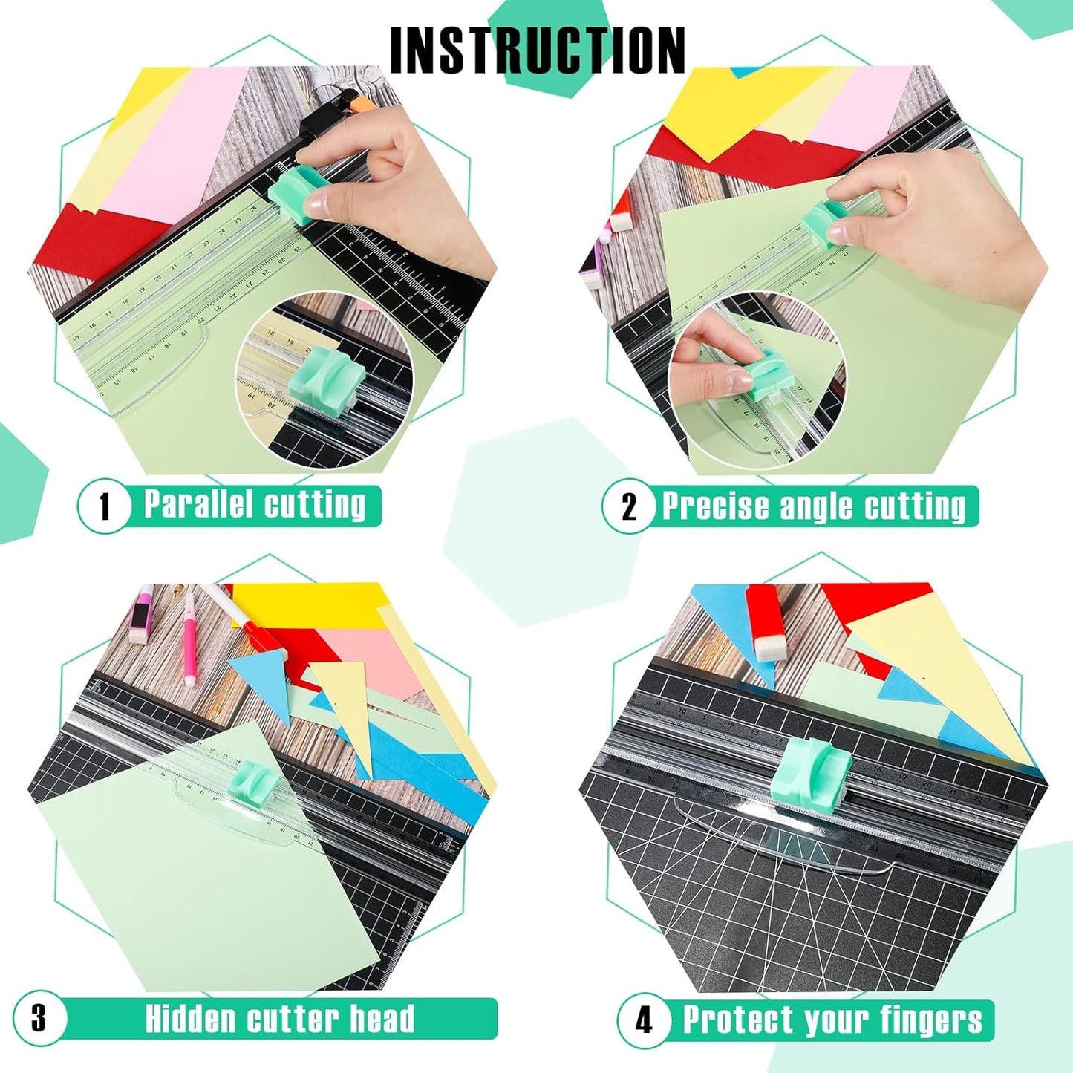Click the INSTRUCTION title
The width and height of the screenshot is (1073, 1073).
coord(537,50)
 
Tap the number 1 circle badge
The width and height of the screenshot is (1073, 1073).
coord(104,506)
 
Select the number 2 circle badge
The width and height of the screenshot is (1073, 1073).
coord(628,507)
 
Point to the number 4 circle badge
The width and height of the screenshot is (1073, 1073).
coord(643,1020)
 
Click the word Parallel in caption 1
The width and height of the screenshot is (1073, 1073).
coord(198,504)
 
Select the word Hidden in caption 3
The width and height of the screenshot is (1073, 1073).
coord(190,1019)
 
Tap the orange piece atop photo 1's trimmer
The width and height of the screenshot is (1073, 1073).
coord(349,104)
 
